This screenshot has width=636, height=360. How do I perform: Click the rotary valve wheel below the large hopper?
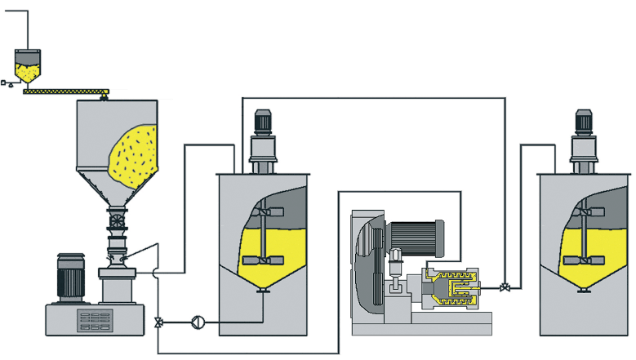click(x=116, y=221)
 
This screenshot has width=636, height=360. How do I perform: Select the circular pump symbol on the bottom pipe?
click(x=197, y=322)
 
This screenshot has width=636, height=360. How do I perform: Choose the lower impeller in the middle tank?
click(x=263, y=260)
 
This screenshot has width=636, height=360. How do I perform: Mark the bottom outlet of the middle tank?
click(x=263, y=291)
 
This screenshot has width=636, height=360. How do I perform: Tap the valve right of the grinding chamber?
click(x=506, y=288)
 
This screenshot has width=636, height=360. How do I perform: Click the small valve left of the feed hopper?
click(x=5, y=82)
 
